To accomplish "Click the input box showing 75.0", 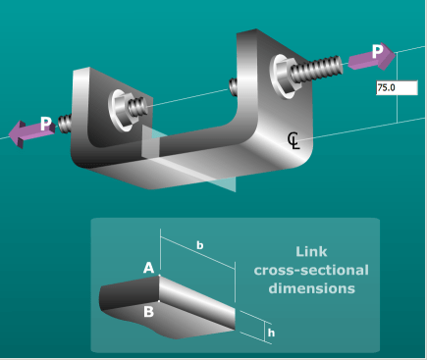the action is (397, 88).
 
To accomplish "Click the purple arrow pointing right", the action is (372, 58).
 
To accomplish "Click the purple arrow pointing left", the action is (31, 132).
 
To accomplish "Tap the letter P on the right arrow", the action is (377, 51).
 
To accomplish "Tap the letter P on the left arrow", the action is (46, 124).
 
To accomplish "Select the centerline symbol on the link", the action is (294, 140).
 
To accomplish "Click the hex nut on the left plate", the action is (124, 109).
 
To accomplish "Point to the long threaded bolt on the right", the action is (316, 69).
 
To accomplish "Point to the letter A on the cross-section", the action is (148, 268).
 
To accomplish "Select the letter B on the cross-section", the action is (148, 312).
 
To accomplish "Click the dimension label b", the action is (199, 245).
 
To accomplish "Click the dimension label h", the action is (271, 333).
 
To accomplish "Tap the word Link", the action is (311, 252).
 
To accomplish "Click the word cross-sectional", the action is (311, 271).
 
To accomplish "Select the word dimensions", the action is (311, 288).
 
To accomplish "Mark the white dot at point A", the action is (159, 276).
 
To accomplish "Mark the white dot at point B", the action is (159, 301).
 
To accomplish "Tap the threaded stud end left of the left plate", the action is (65, 123).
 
